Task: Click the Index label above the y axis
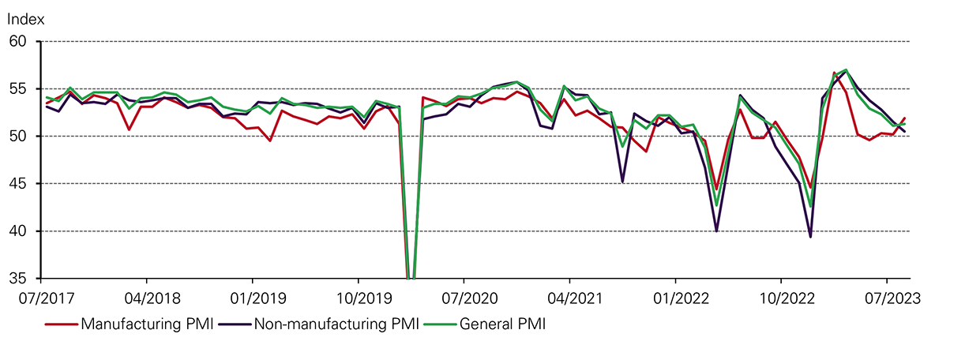coord(26,17)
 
